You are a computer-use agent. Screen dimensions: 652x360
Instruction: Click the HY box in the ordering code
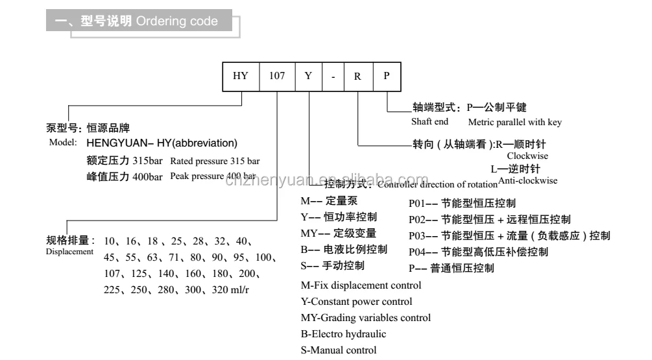pos(241,76)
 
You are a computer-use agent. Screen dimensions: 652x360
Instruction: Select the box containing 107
pos(276,76)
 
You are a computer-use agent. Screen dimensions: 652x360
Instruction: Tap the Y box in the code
pos(309,76)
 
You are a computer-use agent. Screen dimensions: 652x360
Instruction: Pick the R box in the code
pos(357,76)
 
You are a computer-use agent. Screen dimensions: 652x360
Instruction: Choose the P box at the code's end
pos(387,76)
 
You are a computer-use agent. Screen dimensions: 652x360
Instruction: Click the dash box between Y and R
pos(333,76)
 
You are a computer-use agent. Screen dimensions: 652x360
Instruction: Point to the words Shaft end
pos(429,122)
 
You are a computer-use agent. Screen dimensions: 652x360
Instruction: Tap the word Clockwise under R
pos(527,156)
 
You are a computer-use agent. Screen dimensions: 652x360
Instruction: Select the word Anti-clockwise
pos(527,181)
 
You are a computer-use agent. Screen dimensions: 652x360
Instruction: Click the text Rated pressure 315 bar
pos(215,161)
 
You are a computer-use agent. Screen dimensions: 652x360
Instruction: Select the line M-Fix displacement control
pos(361,285)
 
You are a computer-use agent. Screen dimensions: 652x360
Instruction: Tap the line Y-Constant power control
pos(357,302)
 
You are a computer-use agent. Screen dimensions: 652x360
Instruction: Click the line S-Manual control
pos(339,350)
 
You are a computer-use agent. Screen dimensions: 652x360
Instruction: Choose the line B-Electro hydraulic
pos(344,334)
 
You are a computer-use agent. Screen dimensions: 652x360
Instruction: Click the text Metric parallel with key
pos(514,122)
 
